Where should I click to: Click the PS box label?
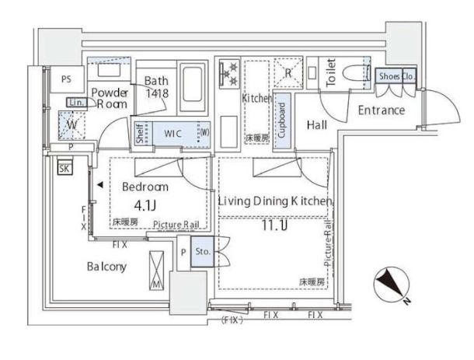[67, 78]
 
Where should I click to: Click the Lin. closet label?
[76, 103]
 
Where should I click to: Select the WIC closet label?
[173, 134]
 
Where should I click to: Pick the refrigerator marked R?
[287, 74]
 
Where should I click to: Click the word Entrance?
[381, 110]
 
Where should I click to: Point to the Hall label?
[316, 125]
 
